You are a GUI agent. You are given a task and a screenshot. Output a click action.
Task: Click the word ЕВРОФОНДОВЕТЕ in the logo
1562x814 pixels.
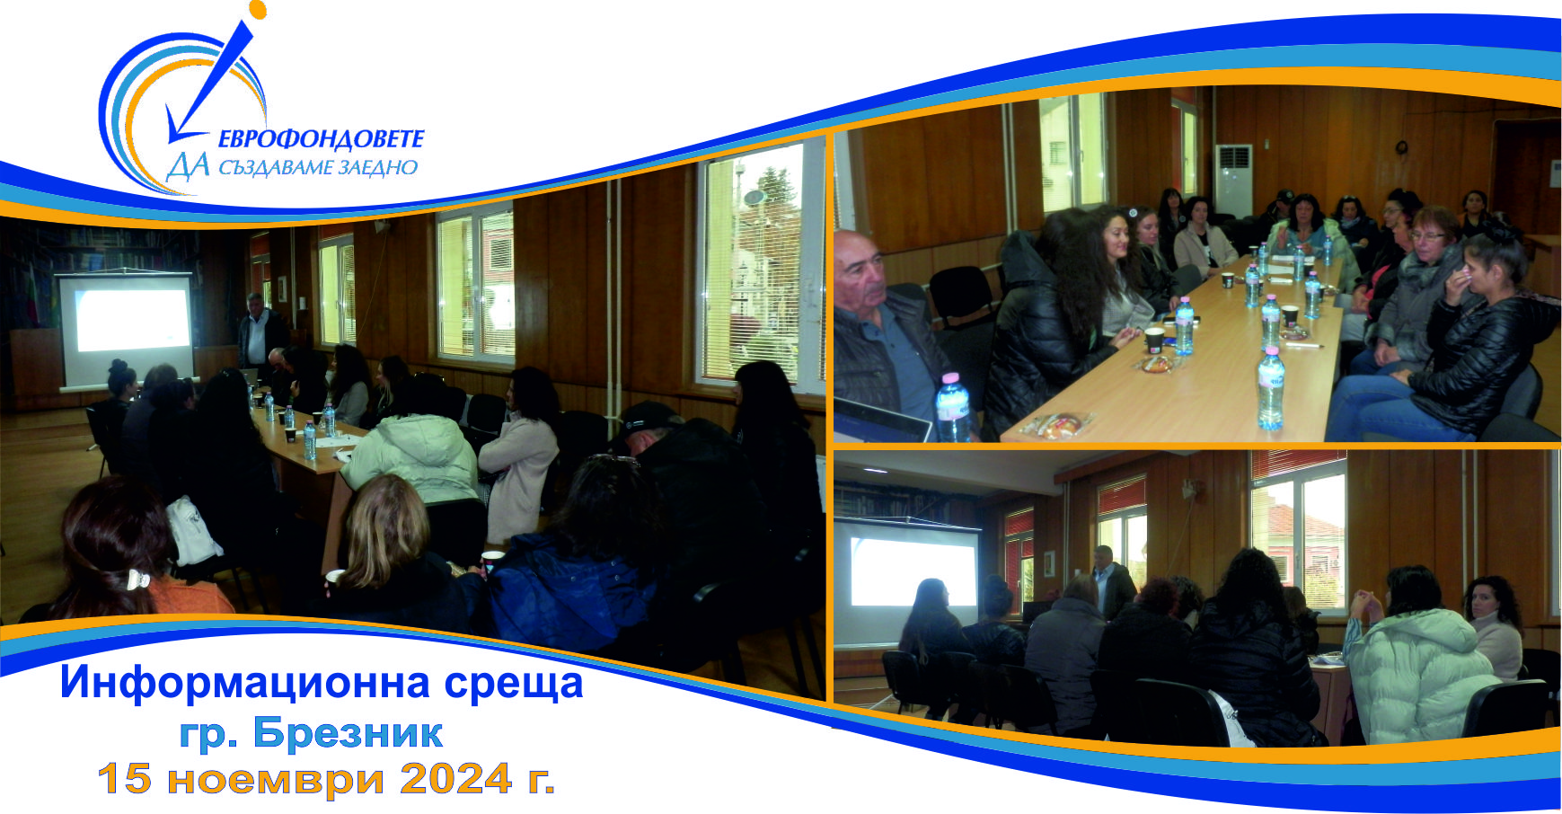coord(321,139)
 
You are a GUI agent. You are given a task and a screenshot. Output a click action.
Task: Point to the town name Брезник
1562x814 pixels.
coord(348,733)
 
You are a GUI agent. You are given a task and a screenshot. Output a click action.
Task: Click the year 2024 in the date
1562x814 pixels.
coord(456,779)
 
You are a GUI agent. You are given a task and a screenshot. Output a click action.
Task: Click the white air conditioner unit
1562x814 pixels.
coord(1232,181)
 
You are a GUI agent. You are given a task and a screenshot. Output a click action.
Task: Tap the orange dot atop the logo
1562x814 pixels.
coord(258,10)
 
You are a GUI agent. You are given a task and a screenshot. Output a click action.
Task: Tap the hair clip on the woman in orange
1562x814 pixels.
coord(137,580)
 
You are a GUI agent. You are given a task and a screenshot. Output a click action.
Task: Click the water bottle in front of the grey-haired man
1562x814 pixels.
coord(953,408)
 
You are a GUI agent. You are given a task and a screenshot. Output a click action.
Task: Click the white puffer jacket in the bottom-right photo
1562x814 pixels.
coord(1417,675)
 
